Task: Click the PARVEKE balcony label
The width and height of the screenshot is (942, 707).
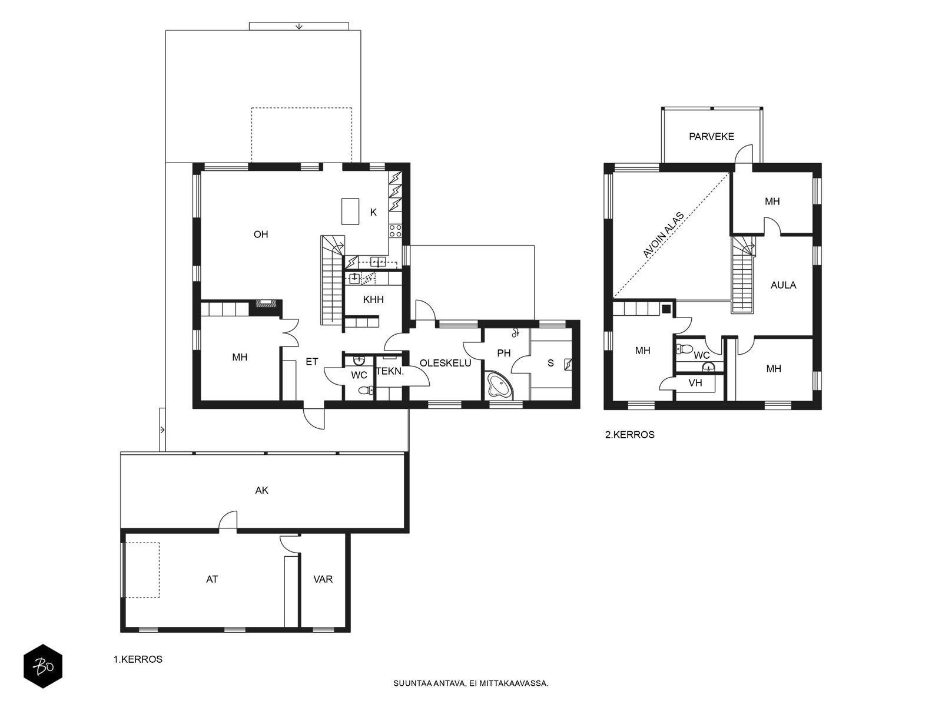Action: pyautogui.click(x=711, y=137)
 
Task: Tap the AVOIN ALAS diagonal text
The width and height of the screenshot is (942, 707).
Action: pyautogui.click(x=663, y=235)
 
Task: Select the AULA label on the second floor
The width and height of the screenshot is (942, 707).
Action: pyautogui.click(x=783, y=285)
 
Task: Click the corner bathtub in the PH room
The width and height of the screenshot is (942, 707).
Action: pyautogui.click(x=500, y=385)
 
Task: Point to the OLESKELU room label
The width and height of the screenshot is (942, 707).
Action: pyautogui.click(x=446, y=363)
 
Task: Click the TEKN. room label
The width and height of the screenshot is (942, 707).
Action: pyautogui.click(x=390, y=371)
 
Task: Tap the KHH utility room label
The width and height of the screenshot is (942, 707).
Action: pyautogui.click(x=373, y=300)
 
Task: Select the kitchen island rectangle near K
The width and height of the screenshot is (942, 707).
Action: pyautogui.click(x=350, y=211)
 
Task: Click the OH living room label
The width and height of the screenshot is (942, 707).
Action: pyautogui.click(x=261, y=234)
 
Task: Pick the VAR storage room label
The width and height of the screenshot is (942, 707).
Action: pyautogui.click(x=323, y=580)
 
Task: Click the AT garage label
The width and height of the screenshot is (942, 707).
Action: pyautogui.click(x=212, y=580)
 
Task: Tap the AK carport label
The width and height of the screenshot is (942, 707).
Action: pyautogui.click(x=262, y=490)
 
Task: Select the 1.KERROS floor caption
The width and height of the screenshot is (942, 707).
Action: pyautogui.click(x=138, y=659)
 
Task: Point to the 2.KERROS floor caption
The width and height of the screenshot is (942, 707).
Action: pyautogui.click(x=629, y=435)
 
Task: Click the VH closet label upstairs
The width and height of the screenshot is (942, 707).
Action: pyautogui.click(x=695, y=383)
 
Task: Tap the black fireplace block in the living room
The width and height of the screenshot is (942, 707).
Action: pyautogui.click(x=265, y=308)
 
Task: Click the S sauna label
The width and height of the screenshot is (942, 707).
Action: pyautogui.click(x=550, y=363)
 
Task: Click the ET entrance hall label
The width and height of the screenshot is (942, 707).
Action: pyautogui.click(x=311, y=362)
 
